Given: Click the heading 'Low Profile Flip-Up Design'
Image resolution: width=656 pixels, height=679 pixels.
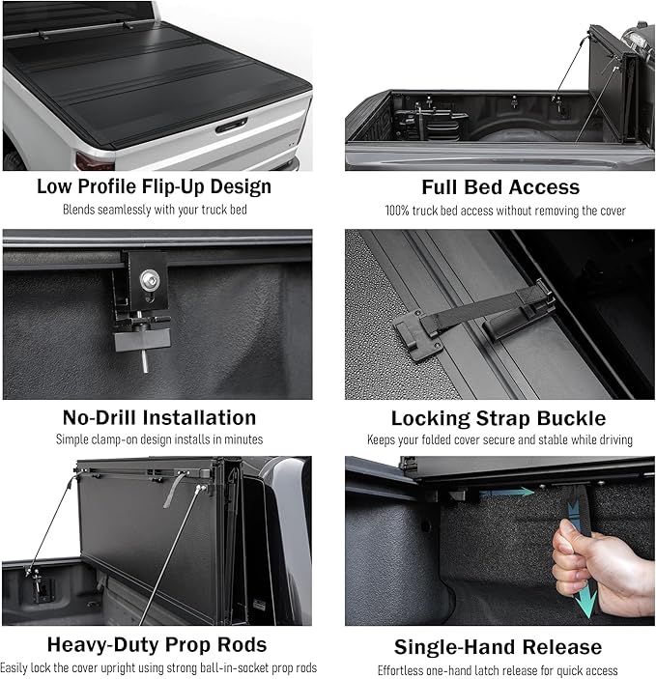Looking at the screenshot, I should point(154,186).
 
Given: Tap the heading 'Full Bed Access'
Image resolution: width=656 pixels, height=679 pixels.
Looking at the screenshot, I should point(500,187).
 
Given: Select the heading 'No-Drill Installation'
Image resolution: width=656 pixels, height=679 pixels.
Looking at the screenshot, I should point(159,418).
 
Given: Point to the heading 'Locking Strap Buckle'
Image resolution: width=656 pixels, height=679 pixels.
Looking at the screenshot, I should point(499,418).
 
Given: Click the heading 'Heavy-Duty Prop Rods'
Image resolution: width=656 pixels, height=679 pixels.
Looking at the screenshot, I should point(157,644).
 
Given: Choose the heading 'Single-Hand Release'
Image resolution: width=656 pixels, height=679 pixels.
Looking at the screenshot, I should point(498,647).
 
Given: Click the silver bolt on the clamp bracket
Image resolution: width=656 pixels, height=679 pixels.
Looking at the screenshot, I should point(148,281).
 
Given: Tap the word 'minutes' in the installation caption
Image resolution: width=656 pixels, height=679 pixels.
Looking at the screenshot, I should point(242,439).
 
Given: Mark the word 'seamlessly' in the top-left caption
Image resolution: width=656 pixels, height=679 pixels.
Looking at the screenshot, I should point(131,209).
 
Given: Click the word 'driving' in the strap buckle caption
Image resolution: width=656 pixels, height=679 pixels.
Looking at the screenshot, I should point(611,439).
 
